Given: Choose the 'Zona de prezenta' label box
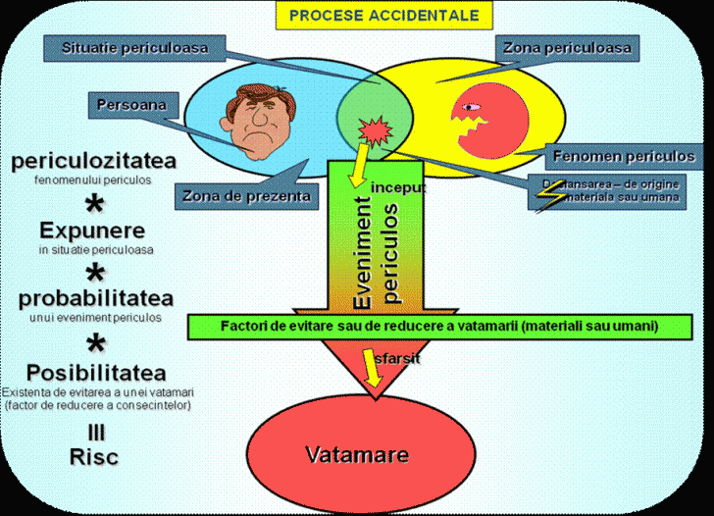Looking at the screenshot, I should tap(246, 196).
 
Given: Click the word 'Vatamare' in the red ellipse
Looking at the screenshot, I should tap(356, 455).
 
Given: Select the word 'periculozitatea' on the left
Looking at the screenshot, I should tap(92, 161).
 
